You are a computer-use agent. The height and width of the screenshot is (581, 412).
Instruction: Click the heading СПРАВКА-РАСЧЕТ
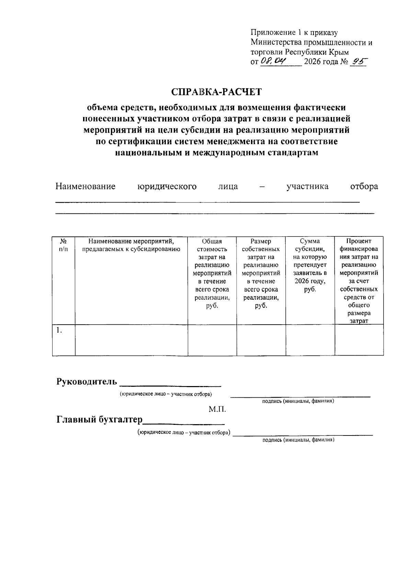tap(216, 92)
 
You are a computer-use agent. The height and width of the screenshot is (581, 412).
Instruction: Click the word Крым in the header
tap(339, 52)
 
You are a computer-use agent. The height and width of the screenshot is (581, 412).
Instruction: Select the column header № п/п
tap(64, 245)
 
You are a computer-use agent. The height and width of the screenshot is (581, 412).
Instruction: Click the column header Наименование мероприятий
tap(131, 245)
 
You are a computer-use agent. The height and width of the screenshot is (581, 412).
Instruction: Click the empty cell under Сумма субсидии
tap(310, 340)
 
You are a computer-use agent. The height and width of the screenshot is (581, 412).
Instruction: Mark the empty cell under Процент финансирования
tap(359, 340)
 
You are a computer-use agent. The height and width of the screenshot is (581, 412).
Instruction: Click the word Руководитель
tap(87, 382)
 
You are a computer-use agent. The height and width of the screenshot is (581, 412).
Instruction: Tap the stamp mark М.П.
tap(217, 409)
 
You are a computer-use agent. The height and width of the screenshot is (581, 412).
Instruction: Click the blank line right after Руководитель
tap(172, 384)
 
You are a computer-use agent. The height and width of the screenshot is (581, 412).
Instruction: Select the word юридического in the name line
tap(167, 186)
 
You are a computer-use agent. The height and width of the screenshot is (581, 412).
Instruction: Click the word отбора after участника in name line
tap(364, 186)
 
